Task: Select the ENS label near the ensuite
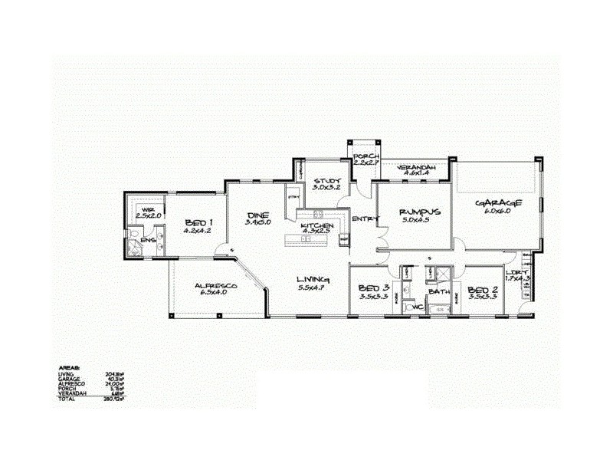[148, 240]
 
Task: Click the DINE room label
[256, 215]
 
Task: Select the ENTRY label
[364, 219]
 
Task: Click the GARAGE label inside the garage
[499, 203]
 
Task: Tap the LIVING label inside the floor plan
[314, 279]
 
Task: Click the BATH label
[439, 292]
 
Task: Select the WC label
[418, 307]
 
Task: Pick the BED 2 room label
[482, 290]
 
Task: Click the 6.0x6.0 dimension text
[499, 211]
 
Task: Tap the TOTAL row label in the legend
[67, 399]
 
